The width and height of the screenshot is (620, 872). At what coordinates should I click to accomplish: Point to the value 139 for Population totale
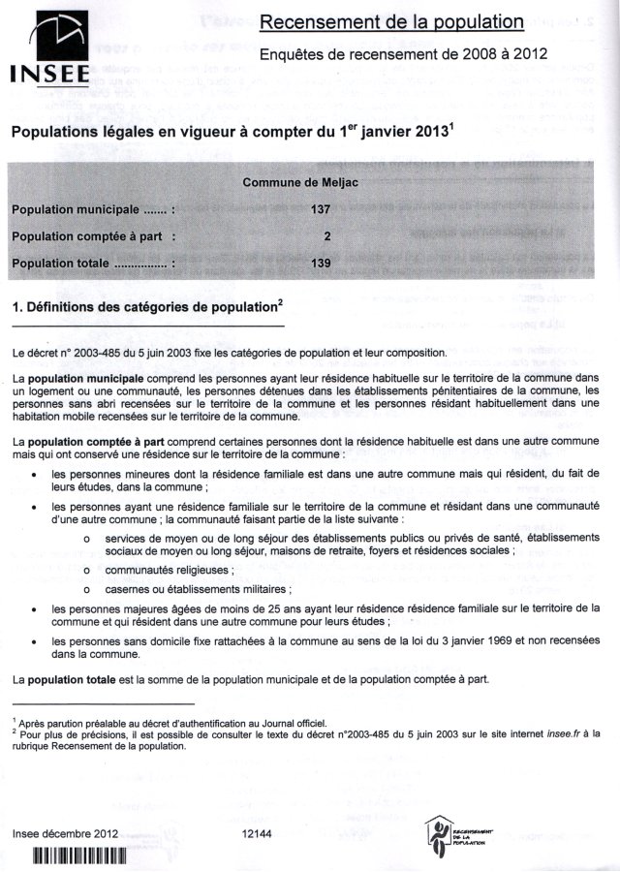click(323, 263)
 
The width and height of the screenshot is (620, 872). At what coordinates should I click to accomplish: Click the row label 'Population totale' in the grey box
click(92, 263)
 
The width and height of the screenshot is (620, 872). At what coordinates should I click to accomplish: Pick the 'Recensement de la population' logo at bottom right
click(458, 832)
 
